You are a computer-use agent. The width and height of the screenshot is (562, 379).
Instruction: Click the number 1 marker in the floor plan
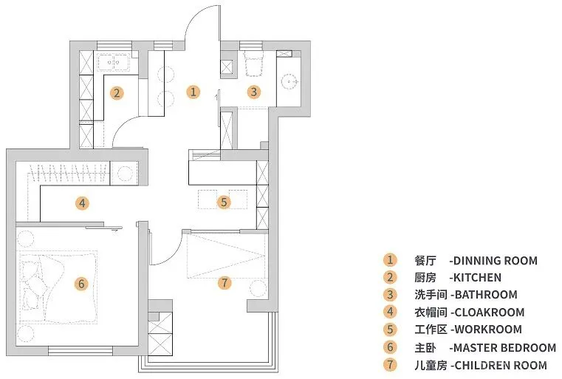[x=193, y=92]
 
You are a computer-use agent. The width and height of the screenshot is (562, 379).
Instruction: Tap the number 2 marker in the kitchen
[x=117, y=92]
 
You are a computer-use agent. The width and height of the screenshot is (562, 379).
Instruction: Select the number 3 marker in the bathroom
[x=253, y=92]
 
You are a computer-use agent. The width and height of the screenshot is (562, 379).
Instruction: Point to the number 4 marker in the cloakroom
[x=83, y=202]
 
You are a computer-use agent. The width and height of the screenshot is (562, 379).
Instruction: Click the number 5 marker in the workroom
[x=224, y=201]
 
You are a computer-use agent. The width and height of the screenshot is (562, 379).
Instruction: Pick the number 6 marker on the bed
[x=81, y=282]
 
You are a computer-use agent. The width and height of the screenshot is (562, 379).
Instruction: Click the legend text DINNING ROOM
[x=496, y=261]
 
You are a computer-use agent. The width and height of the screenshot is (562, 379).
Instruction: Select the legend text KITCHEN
[x=477, y=278]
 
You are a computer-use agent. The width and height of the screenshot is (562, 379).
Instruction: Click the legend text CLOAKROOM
[x=487, y=313]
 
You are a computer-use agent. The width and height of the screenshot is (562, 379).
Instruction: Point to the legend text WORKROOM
[x=486, y=330]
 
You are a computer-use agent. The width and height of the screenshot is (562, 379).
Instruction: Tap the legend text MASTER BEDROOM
[x=504, y=347]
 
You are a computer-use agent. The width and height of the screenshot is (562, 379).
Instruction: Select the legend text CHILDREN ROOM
[x=500, y=365]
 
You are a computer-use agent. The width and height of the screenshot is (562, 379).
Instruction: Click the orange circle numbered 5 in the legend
[x=389, y=330]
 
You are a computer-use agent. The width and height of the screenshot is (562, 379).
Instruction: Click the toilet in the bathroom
[x=253, y=64]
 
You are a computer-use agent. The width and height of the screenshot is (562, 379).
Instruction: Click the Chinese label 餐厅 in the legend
[x=425, y=261]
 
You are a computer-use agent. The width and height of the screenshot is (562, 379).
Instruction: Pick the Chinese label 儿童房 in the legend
[x=431, y=365]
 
